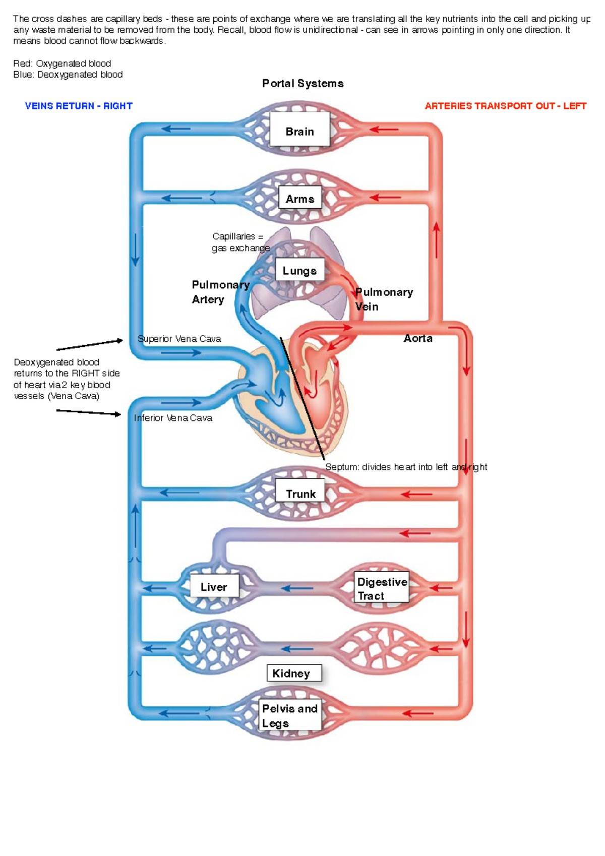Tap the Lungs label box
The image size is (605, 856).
point(299,270)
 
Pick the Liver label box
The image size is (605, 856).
point(214,586)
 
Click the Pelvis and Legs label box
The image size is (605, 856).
point(290,715)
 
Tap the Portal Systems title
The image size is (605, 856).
point(302,84)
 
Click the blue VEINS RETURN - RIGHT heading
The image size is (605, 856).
point(79,106)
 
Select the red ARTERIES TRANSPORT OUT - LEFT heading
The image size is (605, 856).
point(505,106)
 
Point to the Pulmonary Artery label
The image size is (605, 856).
point(220,292)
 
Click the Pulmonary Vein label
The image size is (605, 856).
point(383,299)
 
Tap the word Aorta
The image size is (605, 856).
point(418,338)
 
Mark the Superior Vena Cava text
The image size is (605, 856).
point(179,339)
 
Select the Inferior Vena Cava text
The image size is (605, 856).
point(173,418)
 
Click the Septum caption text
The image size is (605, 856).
point(406,467)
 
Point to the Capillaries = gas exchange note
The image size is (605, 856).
point(240,242)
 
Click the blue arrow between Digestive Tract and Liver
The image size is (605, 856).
point(297,588)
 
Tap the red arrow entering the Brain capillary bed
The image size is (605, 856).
point(384,130)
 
